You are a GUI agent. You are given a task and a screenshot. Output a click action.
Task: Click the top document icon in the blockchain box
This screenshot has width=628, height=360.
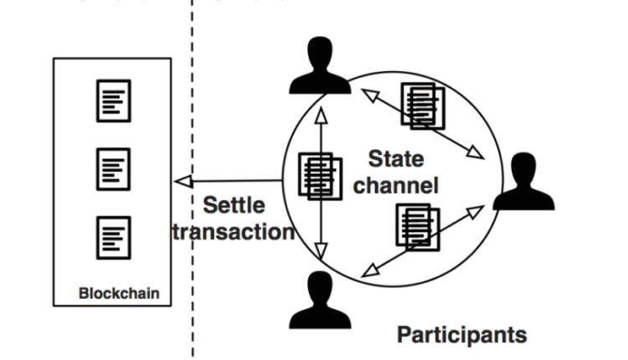(x=113, y=100)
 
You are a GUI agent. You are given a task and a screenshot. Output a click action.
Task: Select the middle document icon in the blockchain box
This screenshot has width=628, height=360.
(x=113, y=167)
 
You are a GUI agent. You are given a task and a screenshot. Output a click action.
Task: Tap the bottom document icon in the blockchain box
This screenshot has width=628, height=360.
(x=113, y=234)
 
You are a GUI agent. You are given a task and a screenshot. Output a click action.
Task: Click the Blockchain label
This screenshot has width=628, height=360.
(x=119, y=294)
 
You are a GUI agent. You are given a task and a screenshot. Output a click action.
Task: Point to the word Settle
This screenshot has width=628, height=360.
(x=234, y=205)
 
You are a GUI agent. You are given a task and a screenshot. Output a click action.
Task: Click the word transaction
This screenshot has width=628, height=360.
(x=234, y=231)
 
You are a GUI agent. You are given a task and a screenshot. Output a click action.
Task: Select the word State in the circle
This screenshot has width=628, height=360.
(x=396, y=159)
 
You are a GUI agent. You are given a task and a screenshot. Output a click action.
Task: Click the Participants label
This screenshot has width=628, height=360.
(x=461, y=335)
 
